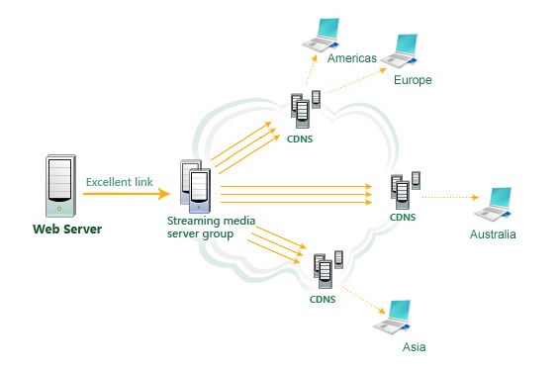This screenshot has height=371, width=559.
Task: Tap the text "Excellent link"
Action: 119,182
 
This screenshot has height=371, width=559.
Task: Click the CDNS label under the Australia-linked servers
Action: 403,216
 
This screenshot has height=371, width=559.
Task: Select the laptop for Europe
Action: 407,50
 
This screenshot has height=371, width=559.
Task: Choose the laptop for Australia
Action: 492,203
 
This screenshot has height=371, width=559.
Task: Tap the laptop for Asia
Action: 397,318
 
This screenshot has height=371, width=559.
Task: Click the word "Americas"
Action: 351,59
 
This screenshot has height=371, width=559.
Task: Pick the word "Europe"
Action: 413,79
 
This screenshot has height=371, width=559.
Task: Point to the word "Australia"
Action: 493,234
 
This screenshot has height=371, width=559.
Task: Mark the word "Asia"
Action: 414,348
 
